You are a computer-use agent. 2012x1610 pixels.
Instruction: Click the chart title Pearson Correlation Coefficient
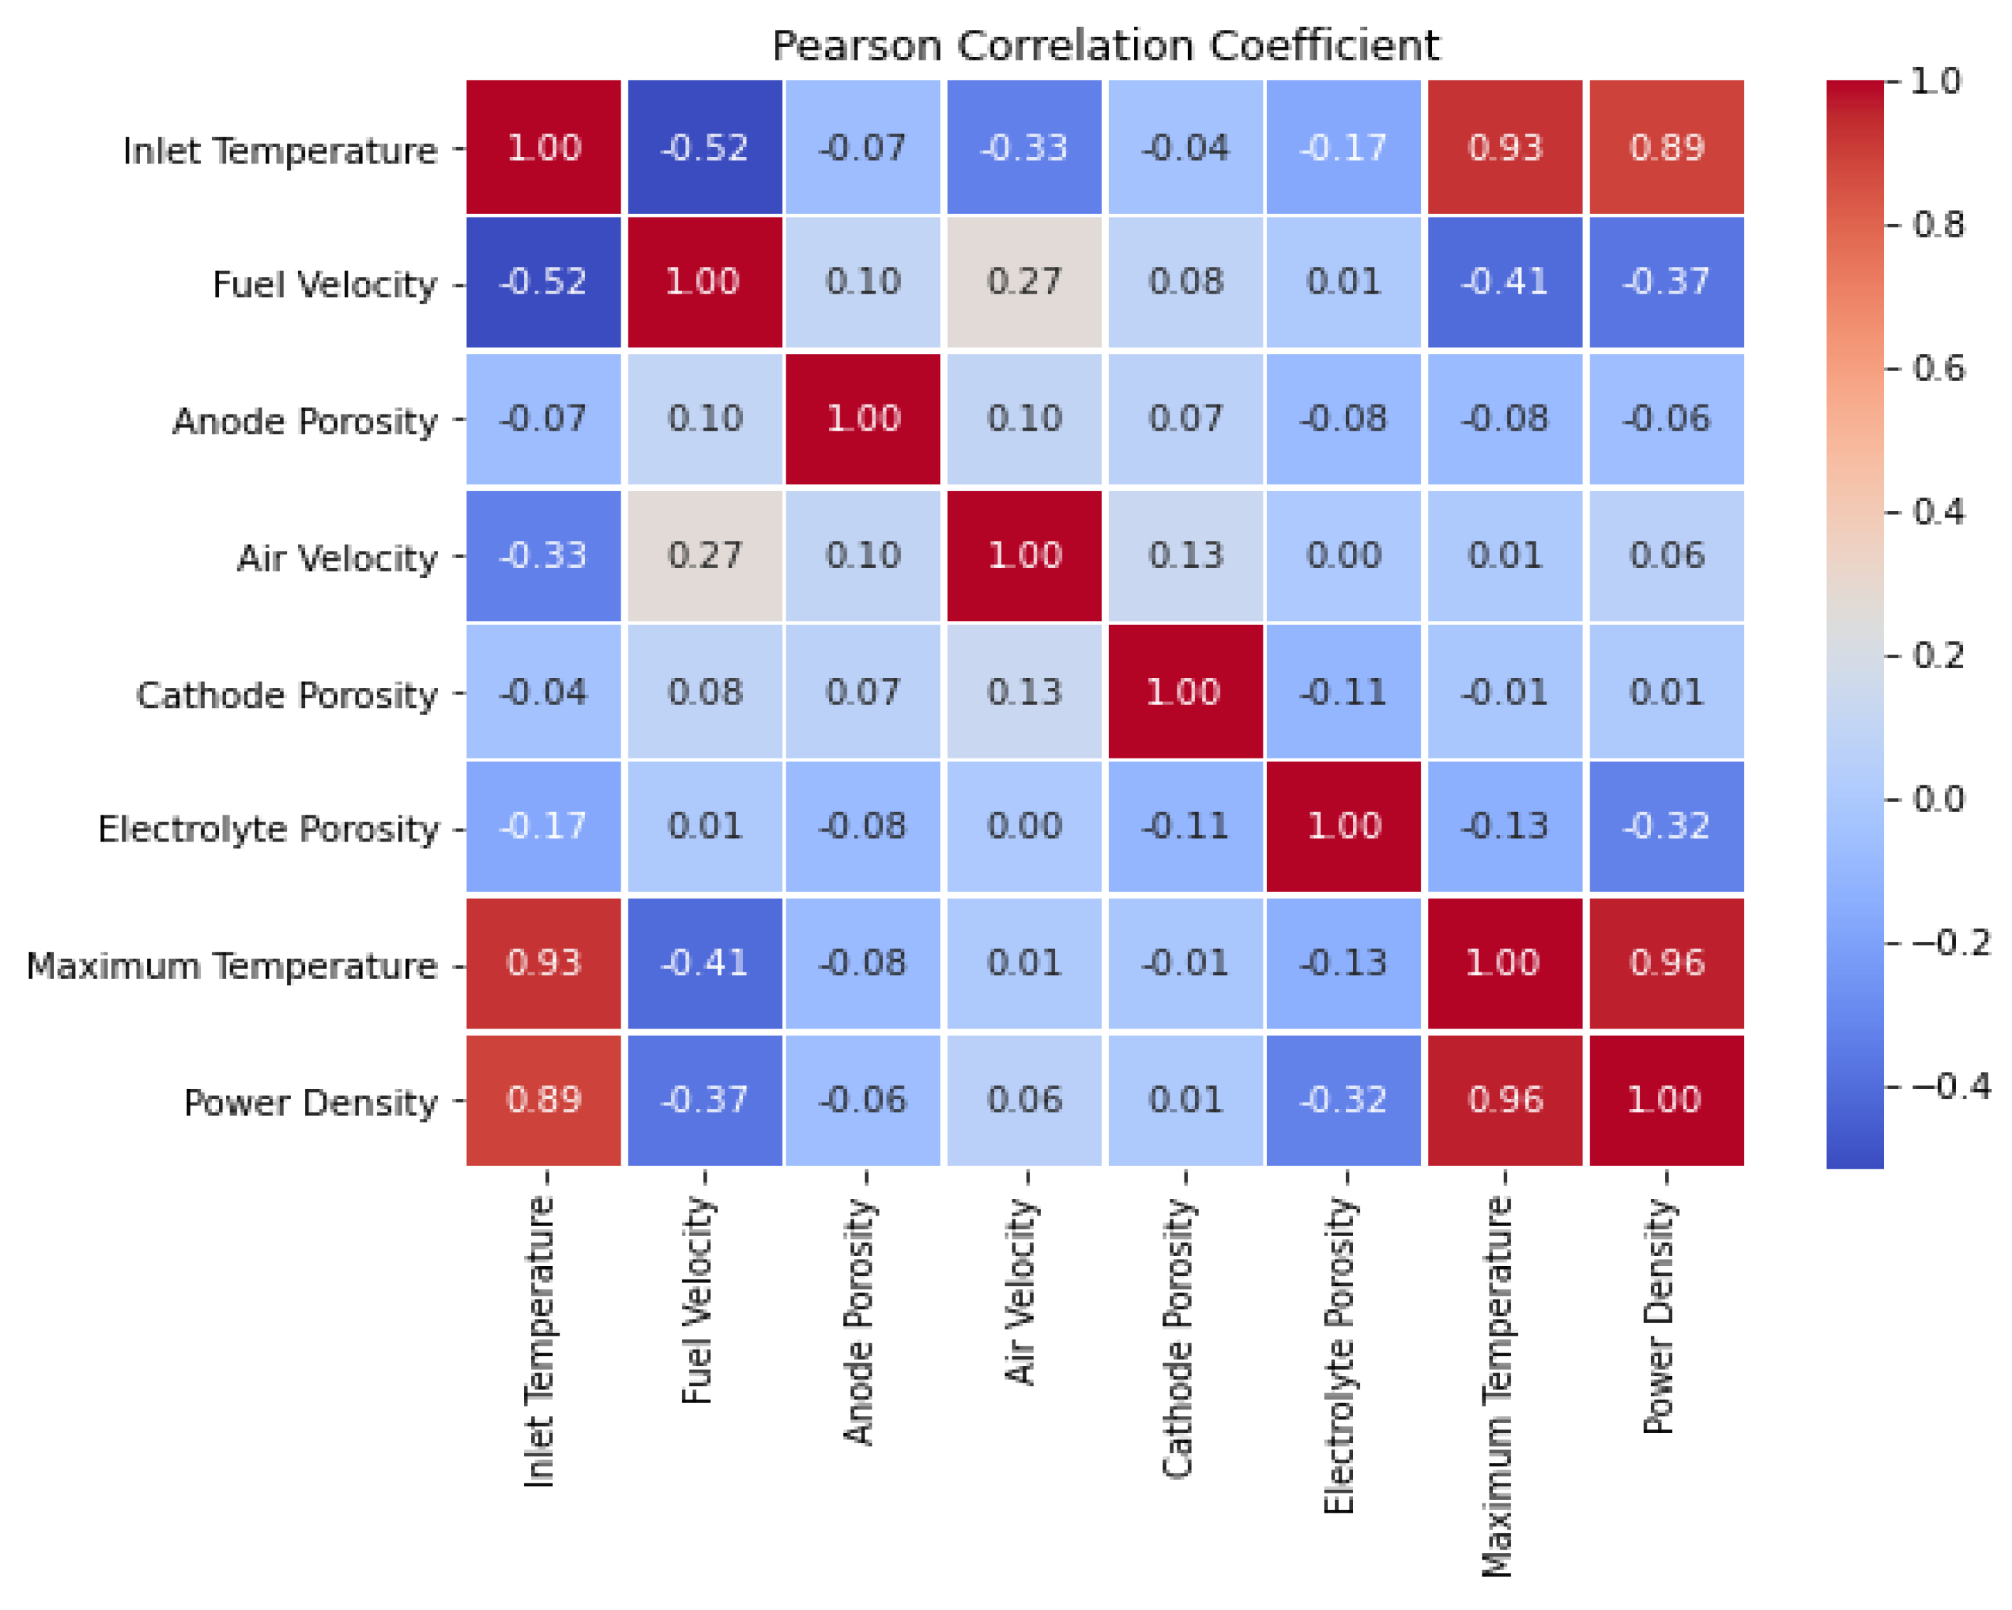[1105, 45]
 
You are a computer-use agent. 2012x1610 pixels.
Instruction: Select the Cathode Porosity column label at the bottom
[1179, 1338]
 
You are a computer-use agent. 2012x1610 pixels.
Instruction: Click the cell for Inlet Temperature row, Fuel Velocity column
[705, 147]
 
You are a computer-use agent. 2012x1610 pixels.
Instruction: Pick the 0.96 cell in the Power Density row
[1505, 1100]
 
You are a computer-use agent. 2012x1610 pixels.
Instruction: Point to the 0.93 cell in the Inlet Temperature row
[1505, 147]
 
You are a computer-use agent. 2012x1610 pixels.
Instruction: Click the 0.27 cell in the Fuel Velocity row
[1024, 281]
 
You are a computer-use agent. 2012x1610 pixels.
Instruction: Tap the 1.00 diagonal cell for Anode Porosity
[863, 419]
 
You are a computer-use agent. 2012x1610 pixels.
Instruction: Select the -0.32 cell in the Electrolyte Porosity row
[1666, 827]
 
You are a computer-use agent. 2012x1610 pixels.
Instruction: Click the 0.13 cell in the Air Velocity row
[1185, 556]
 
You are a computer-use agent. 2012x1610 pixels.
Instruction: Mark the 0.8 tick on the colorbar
[1938, 225]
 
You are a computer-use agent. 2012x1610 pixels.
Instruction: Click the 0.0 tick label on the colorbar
[1938, 800]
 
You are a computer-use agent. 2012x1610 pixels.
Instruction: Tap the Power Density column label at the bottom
[1659, 1315]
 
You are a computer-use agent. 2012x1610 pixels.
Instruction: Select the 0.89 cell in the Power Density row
[544, 1100]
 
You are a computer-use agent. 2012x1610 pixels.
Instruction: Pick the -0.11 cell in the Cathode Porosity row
[1344, 692]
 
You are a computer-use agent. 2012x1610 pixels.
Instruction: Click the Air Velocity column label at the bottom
[1022, 1292]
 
